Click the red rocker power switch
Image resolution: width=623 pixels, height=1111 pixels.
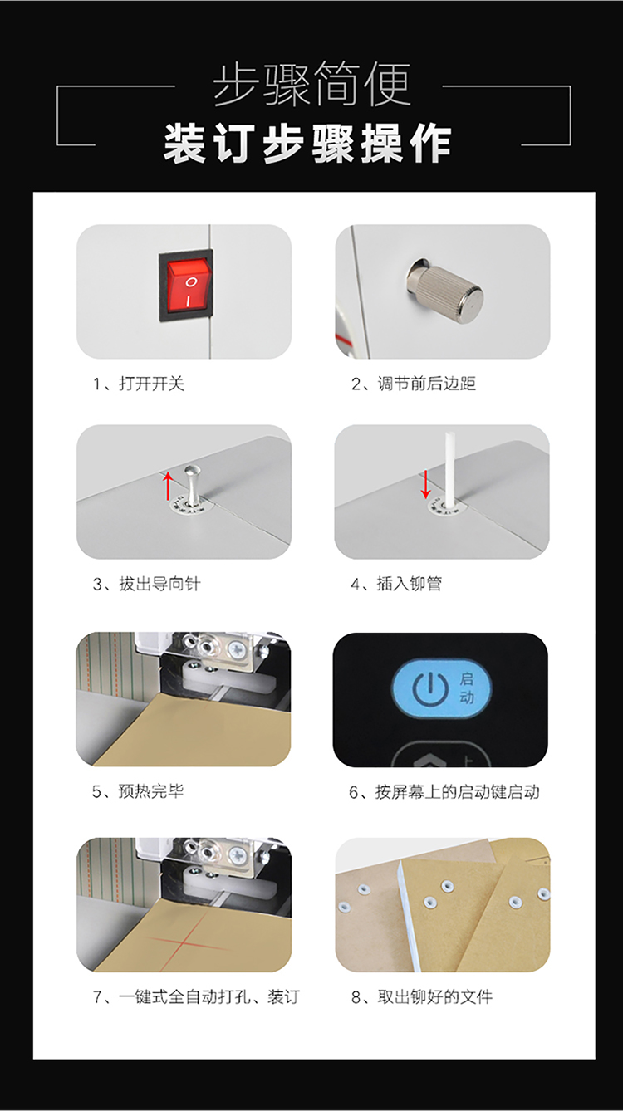(x=187, y=286)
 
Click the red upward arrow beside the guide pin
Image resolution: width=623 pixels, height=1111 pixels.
(x=168, y=486)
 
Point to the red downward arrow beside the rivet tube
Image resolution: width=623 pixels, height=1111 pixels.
(x=425, y=483)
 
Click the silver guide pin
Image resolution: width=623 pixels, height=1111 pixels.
(x=190, y=485)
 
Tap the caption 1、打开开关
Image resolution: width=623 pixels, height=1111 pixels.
(x=139, y=384)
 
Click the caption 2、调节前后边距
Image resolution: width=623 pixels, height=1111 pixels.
(x=414, y=384)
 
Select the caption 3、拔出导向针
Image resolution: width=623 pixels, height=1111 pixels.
(x=147, y=584)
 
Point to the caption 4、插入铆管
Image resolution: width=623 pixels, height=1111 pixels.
(x=396, y=584)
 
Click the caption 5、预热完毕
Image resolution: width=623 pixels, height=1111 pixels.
(x=138, y=791)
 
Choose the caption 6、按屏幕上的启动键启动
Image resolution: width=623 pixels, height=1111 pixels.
(x=444, y=792)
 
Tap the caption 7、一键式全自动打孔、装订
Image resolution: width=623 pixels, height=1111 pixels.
(x=196, y=997)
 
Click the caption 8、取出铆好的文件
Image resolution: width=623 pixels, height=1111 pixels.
(x=422, y=997)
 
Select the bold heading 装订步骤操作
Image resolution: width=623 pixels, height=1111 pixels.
(x=307, y=144)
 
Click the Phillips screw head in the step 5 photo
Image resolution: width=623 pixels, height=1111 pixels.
(x=237, y=649)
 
